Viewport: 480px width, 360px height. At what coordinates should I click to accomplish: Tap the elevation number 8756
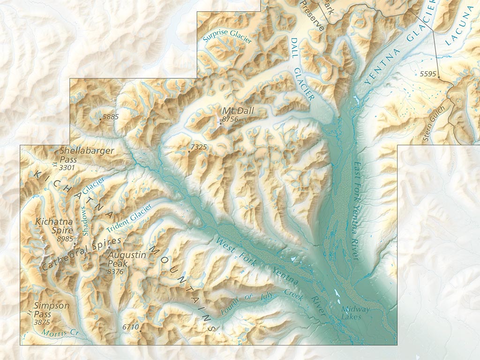coord(230,120)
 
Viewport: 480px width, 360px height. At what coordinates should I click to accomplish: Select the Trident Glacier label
coord(129,218)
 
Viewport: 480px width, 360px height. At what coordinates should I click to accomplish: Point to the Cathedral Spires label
coord(81,254)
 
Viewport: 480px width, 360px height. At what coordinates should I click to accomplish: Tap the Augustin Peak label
coord(127,259)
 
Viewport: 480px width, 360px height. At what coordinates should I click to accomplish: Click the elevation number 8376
coord(115,271)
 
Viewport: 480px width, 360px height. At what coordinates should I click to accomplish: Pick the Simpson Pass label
coord(52,310)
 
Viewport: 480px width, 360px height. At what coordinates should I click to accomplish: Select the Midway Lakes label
coord(355,313)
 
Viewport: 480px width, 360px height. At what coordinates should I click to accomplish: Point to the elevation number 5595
coord(427,74)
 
